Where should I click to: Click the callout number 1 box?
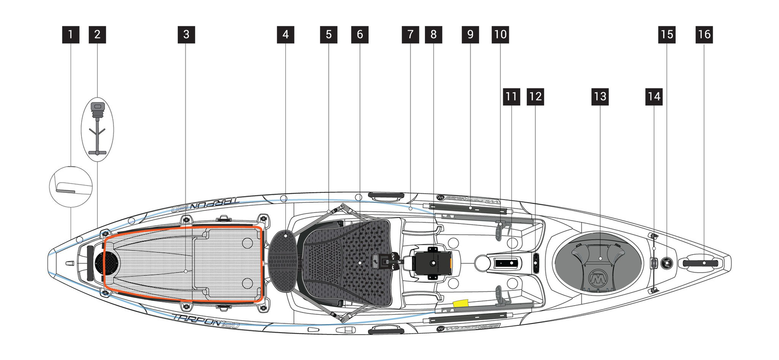pyautogui.click(x=71, y=35)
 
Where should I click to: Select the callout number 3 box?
pyautogui.click(x=186, y=35)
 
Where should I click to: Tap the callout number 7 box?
pyautogui.click(x=410, y=35)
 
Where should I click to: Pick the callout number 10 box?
pyautogui.click(x=500, y=35)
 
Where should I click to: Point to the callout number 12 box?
pyautogui.click(x=535, y=97)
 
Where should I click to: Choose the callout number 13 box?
pyautogui.click(x=600, y=97)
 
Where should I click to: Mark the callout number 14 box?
pyautogui.click(x=654, y=97)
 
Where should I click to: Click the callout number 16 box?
pyautogui.click(x=704, y=35)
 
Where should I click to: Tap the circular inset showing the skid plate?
pyautogui.click(x=71, y=187)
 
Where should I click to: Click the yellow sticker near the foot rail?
pyautogui.click(x=461, y=303)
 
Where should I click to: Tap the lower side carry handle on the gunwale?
pyautogui.click(x=386, y=330)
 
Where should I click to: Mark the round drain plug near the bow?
pyautogui.click(x=666, y=262)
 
